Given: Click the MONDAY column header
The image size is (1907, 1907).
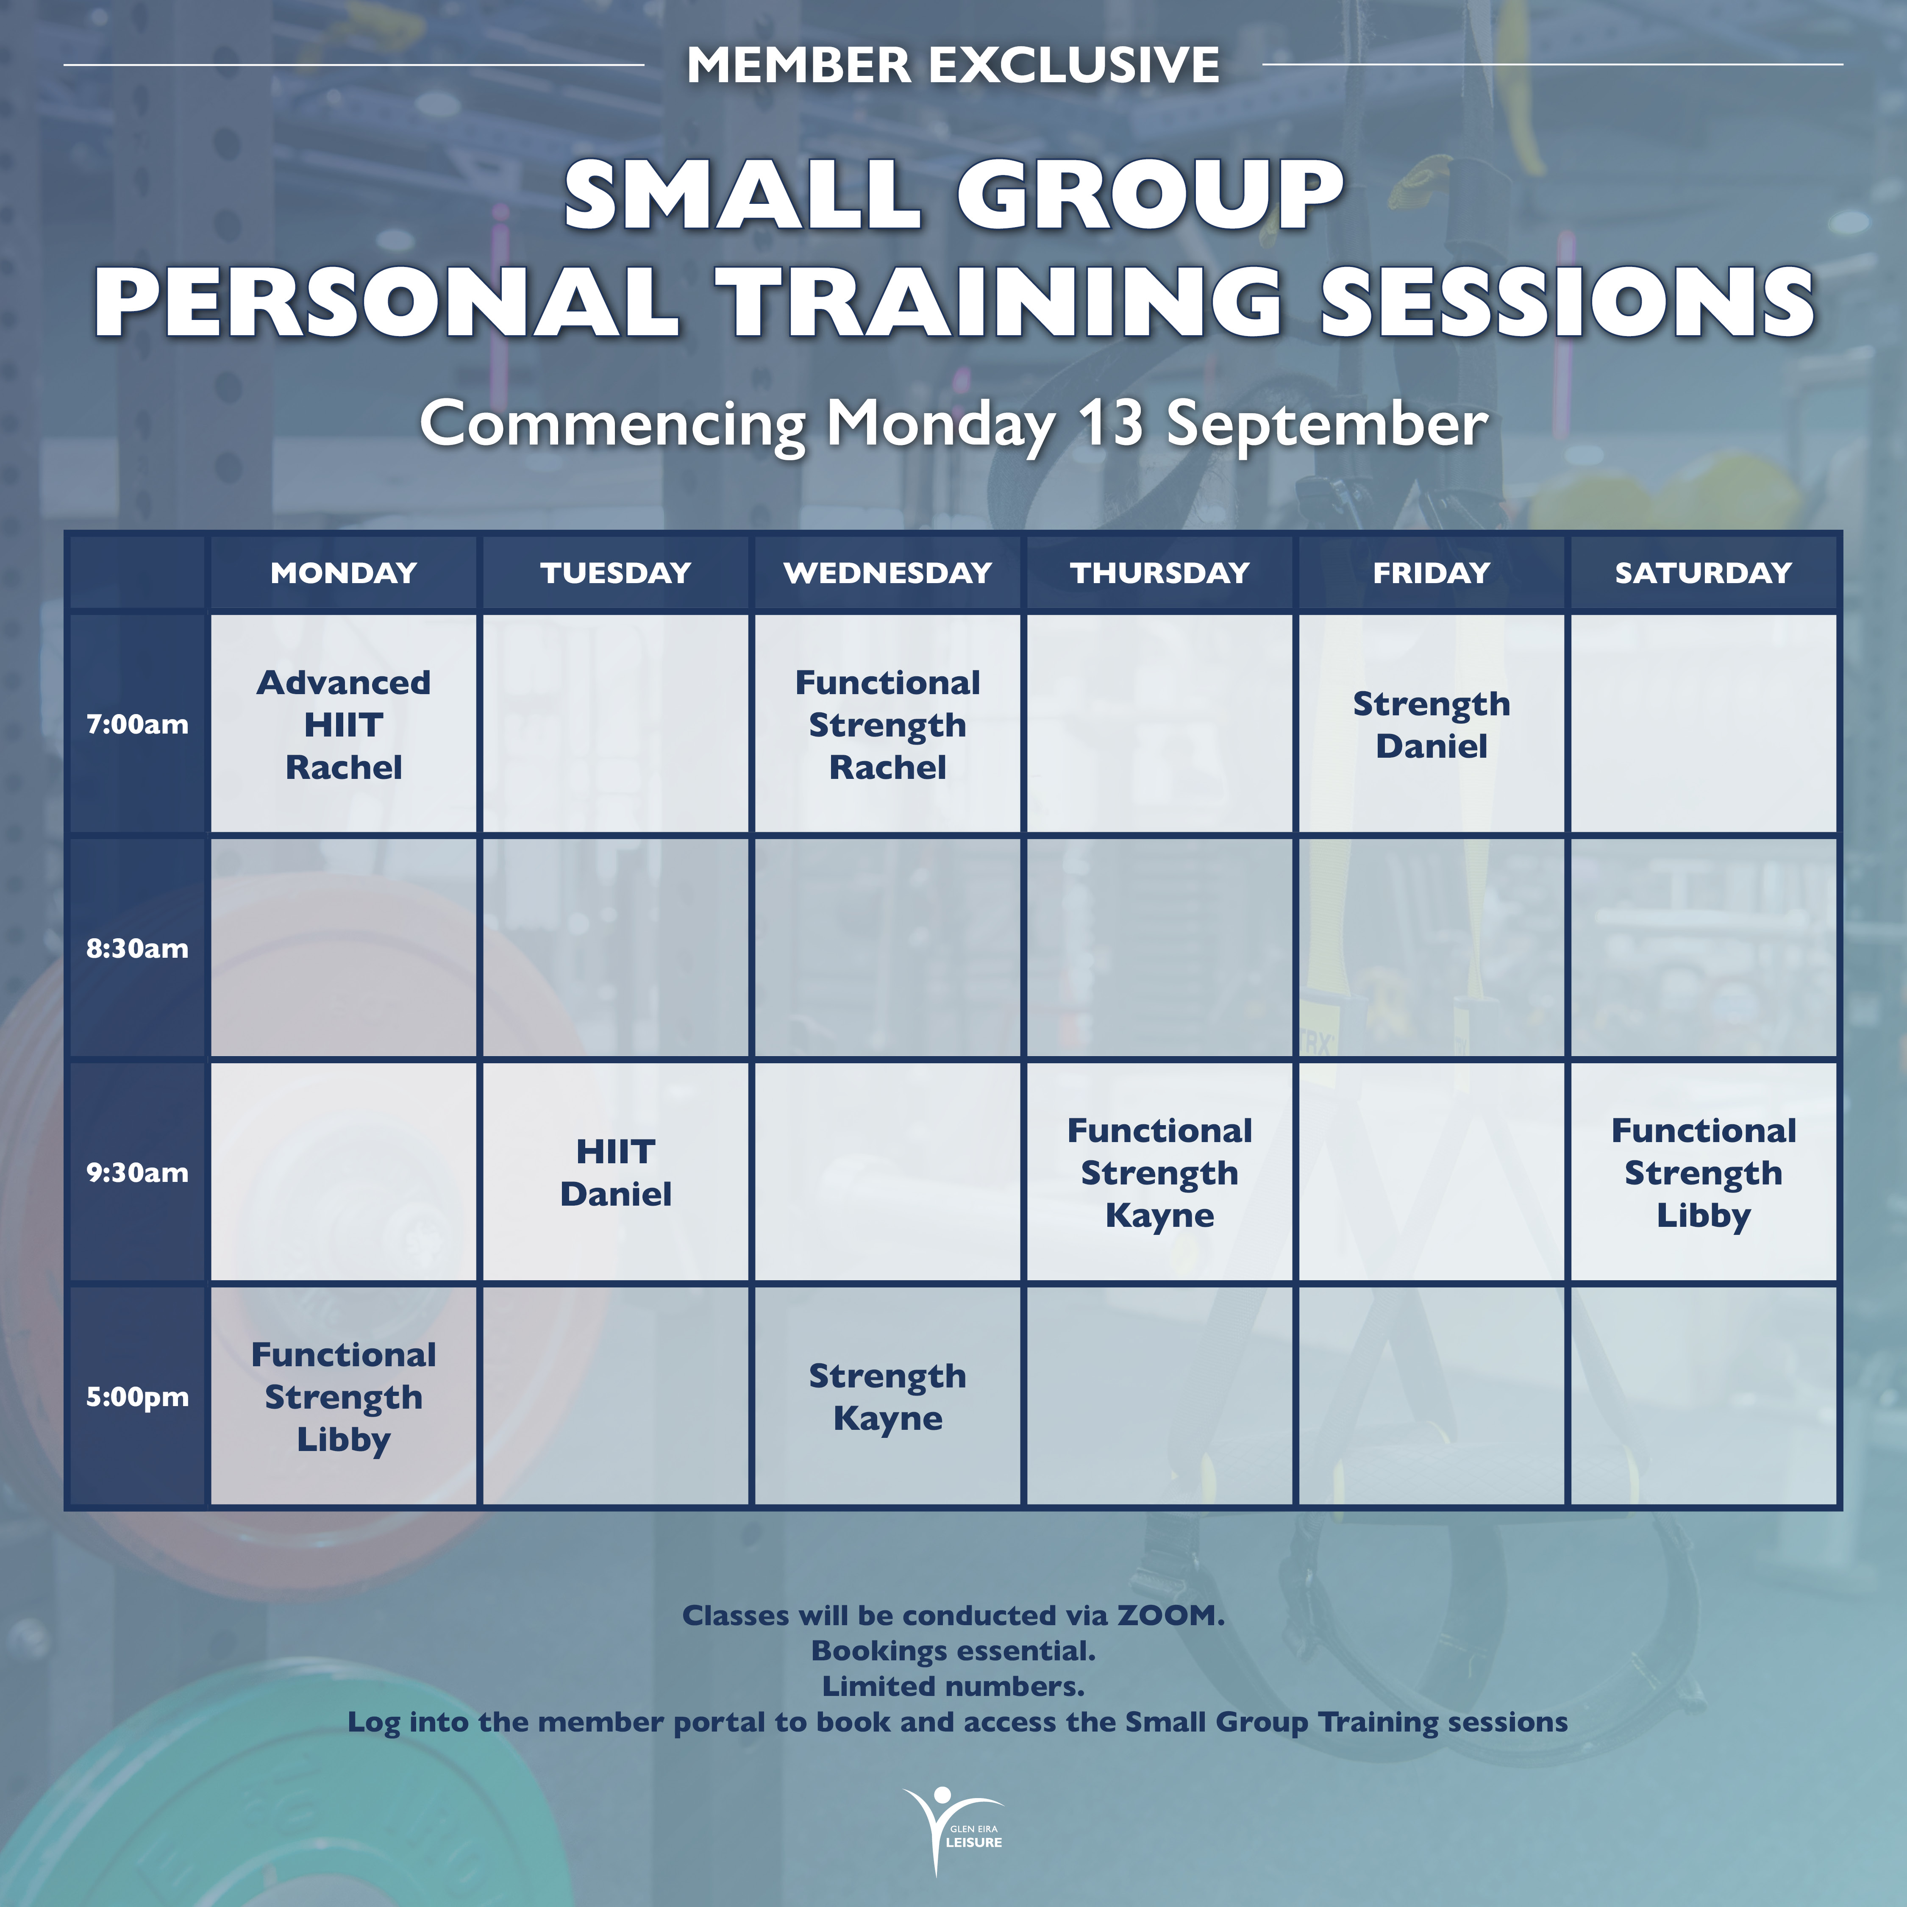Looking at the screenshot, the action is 344,573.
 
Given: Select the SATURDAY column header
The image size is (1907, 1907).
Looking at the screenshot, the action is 1703,573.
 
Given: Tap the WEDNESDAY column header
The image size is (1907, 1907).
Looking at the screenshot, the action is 887,573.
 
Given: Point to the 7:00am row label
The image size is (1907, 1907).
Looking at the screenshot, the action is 137,725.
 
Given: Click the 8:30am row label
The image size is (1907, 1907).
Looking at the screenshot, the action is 137,948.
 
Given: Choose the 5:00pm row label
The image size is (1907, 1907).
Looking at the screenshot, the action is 137,1397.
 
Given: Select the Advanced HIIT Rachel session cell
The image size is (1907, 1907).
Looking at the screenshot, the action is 344,725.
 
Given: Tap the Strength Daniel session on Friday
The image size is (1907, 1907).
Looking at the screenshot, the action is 1431,725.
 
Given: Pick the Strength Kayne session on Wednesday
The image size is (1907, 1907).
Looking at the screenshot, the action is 887,1397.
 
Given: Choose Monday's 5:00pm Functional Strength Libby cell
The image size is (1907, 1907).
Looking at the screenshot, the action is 344,1397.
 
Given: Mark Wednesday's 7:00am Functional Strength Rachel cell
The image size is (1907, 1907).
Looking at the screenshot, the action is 887,725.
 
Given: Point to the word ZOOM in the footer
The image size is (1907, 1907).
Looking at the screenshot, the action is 1170,1616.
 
